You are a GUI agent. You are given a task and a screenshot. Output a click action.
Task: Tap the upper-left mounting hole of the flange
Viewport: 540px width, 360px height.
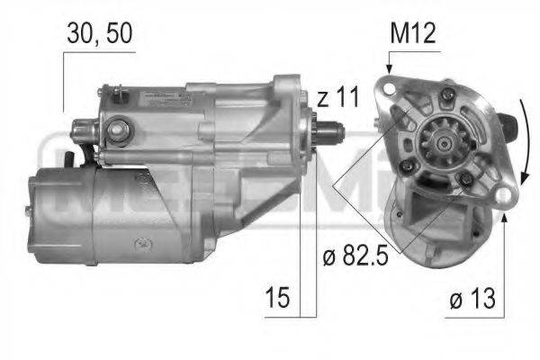[390, 90]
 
